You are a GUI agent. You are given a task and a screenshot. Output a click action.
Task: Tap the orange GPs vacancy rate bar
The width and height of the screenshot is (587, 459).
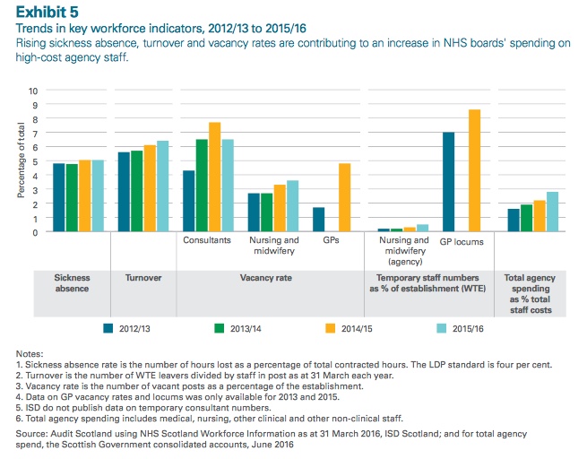[344, 197]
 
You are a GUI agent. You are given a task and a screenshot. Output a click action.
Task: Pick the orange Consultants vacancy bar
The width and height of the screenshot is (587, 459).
[214, 177]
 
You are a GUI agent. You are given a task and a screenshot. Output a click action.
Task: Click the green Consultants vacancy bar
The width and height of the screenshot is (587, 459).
[202, 186]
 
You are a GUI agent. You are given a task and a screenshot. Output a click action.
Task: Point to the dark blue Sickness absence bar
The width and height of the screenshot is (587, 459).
[58, 197]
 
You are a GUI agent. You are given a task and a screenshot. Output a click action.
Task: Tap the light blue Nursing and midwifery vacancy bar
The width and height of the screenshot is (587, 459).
[292, 206]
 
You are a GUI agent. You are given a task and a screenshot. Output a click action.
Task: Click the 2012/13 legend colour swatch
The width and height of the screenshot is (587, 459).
[109, 329]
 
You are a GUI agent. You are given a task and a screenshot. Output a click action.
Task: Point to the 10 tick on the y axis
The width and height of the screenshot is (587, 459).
[33, 91]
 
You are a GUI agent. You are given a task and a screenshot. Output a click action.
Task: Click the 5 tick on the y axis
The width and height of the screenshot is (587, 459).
[35, 161]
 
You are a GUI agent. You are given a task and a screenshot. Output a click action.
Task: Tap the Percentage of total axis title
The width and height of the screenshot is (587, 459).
[22, 161]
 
